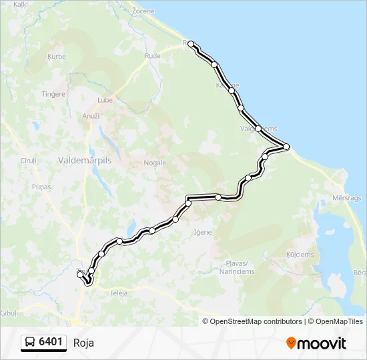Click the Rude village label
point(153,56)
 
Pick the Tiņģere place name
point(53,94)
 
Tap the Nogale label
point(154,162)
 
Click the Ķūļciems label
point(300,255)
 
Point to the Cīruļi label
point(28,161)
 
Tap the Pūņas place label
point(41,187)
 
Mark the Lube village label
point(105,100)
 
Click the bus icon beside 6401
point(31,343)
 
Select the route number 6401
point(51,343)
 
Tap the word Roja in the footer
point(83,343)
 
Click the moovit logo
point(316,343)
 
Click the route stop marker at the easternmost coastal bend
point(286,147)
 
